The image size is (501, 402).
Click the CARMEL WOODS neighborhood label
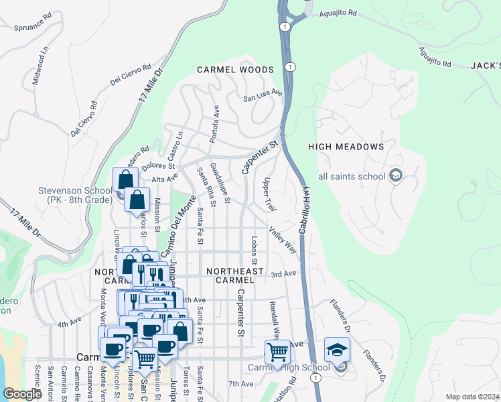click(x=235, y=70)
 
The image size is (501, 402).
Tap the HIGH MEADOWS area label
click(x=346, y=146)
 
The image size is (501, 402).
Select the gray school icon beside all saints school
click(x=396, y=176)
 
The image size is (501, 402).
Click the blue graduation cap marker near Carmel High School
click(x=337, y=351)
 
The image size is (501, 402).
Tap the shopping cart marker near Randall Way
click(x=277, y=352)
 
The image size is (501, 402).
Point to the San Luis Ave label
click(x=263, y=97)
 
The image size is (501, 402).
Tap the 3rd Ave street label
click(x=283, y=273)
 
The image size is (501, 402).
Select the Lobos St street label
click(x=255, y=250)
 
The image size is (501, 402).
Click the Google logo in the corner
click(x=22, y=393)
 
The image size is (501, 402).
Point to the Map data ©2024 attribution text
click(x=472, y=397)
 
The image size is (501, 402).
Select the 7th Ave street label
click(x=240, y=384)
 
